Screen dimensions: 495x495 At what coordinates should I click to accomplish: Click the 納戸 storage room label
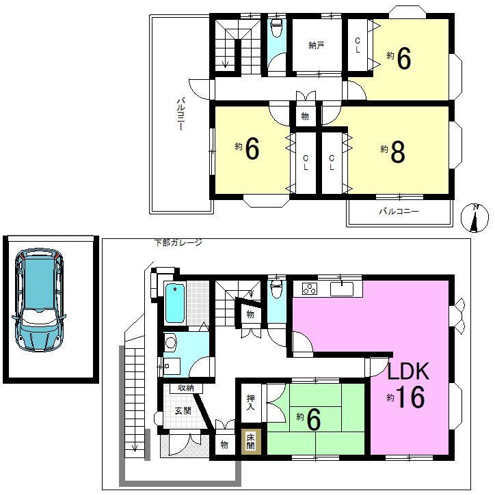click(316, 46)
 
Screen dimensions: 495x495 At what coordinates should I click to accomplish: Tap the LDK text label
click(407, 371)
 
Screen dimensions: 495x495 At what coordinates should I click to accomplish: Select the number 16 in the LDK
click(412, 397)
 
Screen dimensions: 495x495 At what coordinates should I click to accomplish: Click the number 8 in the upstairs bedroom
click(398, 152)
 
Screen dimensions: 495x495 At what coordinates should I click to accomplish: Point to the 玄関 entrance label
click(183, 411)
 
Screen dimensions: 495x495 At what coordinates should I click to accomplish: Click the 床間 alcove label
click(250, 441)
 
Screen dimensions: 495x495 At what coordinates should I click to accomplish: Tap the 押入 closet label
click(250, 402)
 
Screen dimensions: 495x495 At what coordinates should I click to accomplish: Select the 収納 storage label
click(185, 388)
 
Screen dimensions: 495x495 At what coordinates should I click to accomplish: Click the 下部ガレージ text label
click(178, 242)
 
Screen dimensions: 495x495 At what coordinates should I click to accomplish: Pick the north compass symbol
click(474, 218)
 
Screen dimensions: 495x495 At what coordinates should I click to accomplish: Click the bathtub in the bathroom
click(174, 303)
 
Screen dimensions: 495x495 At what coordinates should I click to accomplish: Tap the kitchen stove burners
click(310, 289)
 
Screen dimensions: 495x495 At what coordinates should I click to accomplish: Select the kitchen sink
click(342, 289)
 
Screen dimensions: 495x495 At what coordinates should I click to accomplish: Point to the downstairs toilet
click(277, 289)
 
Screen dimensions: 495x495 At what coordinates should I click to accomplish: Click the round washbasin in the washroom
click(171, 343)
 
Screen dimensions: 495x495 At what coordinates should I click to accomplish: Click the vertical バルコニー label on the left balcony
click(180, 114)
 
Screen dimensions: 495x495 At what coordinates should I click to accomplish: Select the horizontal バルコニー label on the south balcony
click(399, 211)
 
